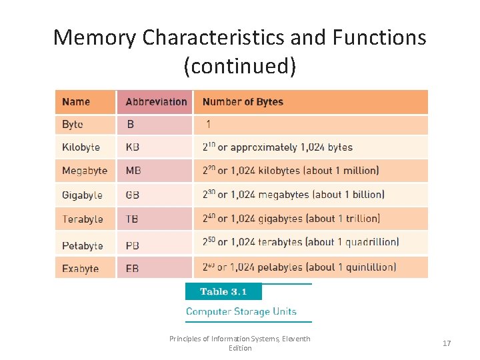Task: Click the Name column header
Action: pos(76,102)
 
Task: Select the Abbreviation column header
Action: pos(156,102)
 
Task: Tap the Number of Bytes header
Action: pos(243,102)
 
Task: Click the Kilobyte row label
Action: pos(81,147)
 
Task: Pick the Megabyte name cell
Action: pos(84,171)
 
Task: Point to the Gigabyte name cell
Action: pos(82,195)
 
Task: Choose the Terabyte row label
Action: pos(83,219)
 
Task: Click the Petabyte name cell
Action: pos(83,245)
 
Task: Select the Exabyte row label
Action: pos(80,269)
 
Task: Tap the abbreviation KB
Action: pos(133,147)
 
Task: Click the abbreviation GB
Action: pos(133,195)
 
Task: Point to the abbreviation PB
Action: pos(133,245)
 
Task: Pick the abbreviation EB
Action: pos(133,269)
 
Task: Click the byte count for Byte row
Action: pos(209,124)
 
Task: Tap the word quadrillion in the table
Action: pos(372,242)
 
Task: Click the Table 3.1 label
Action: pos(223,291)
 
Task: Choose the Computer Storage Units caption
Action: pos(241,311)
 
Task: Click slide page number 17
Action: pos(447,343)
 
